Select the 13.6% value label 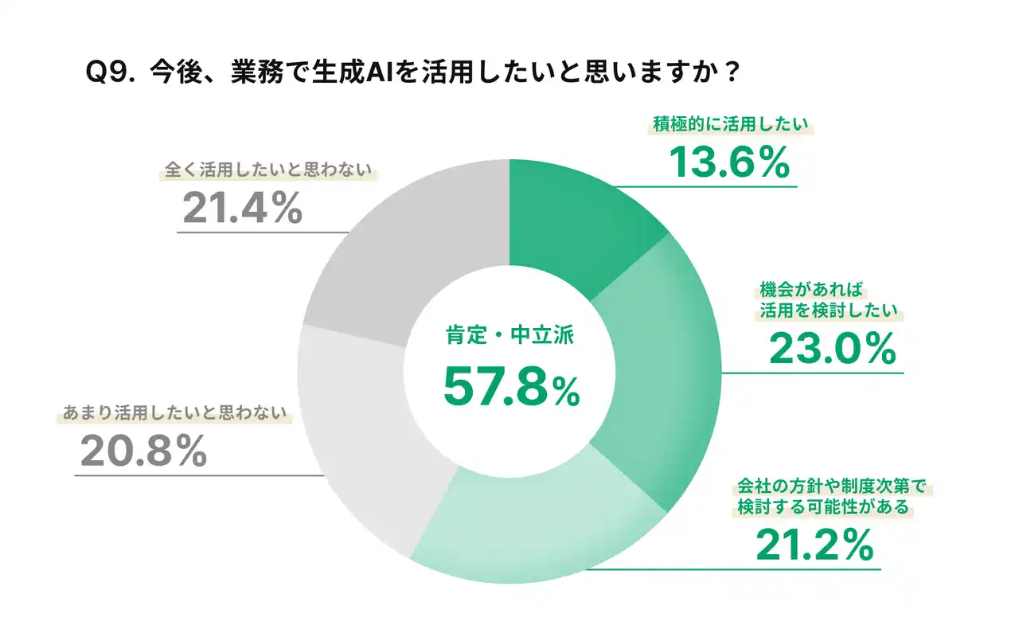click(x=728, y=162)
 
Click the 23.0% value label click(x=832, y=348)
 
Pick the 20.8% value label click(x=143, y=452)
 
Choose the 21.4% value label click(x=242, y=209)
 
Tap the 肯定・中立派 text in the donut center click(x=509, y=336)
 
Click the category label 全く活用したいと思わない click(x=269, y=170)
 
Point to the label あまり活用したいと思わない click(x=174, y=414)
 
